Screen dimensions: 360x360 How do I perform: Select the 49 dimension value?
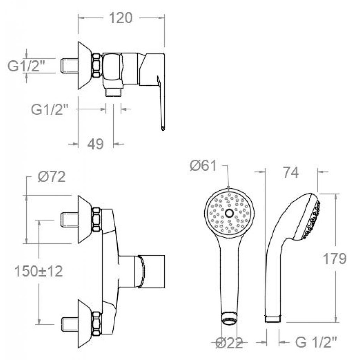click(96, 144)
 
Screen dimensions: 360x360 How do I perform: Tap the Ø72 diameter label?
click(52, 177)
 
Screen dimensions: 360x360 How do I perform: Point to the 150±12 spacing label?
click(39, 272)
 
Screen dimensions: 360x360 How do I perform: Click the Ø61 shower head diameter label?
click(203, 166)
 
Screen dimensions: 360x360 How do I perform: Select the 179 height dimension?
click(334, 259)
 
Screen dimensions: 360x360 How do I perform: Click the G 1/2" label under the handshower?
click(316, 342)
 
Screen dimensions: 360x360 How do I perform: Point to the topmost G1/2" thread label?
click(26, 67)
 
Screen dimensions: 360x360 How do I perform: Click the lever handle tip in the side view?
click(163, 128)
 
